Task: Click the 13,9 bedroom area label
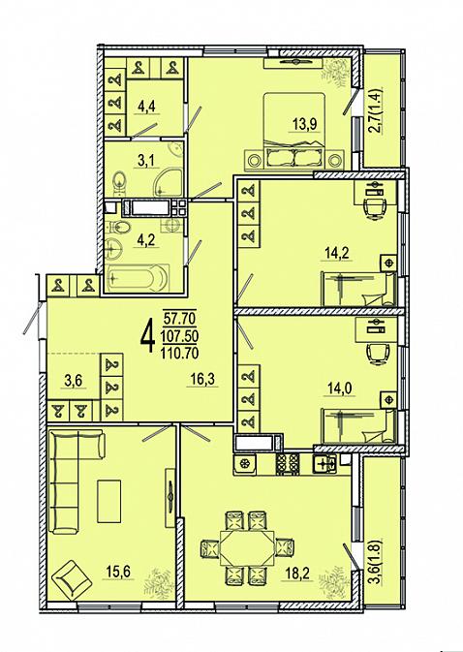point(305,123)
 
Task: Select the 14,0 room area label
point(339,388)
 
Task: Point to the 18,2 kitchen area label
point(296,574)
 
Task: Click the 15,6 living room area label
point(117,572)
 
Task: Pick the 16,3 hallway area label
point(202,379)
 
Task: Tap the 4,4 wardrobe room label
point(146,107)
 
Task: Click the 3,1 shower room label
point(146,160)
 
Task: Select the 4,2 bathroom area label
point(146,239)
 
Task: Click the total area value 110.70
point(181,353)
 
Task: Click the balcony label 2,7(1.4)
point(376,109)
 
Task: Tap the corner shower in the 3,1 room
point(168,182)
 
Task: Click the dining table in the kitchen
point(247,547)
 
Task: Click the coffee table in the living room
point(108,501)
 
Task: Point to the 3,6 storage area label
point(74,380)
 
